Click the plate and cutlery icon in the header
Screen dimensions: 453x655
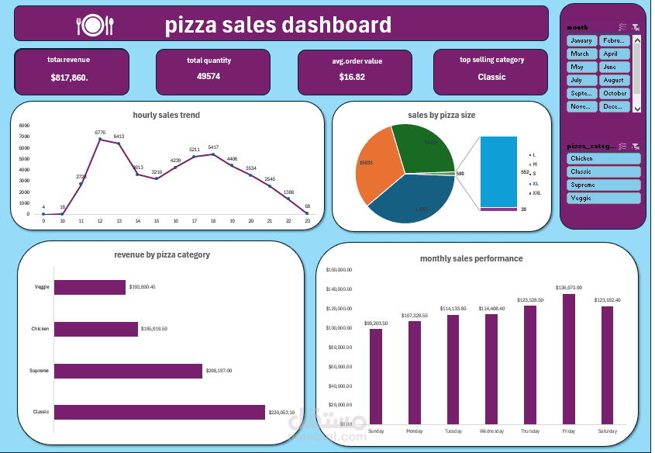[x=95, y=26]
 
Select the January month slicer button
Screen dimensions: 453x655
[x=581, y=40]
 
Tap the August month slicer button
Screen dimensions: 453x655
[x=613, y=80]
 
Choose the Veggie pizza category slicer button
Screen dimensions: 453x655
[x=604, y=198]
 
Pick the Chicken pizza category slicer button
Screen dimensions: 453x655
[x=604, y=158]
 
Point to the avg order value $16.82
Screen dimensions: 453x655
[x=352, y=77]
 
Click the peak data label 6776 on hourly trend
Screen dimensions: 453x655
[x=99, y=132]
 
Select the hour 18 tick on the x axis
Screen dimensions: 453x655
[x=213, y=221]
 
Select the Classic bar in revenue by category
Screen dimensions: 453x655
[x=159, y=412]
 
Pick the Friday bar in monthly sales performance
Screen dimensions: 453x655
[x=569, y=358]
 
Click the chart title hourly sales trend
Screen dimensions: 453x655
[x=166, y=115]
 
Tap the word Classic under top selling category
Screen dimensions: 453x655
[x=491, y=77]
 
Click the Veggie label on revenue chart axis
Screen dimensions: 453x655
[x=42, y=287]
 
